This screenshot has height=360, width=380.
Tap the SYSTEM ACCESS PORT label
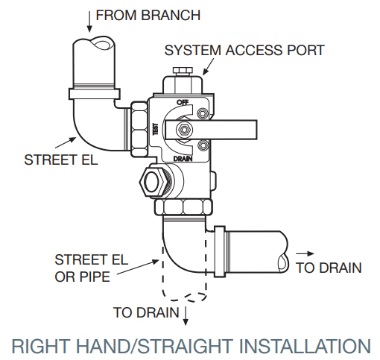(x=244, y=50)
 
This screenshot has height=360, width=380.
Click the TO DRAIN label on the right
(x=329, y=268)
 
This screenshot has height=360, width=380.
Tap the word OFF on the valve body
(x=181, y=102)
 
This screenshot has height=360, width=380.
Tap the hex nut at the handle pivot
(x=182, y=130)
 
